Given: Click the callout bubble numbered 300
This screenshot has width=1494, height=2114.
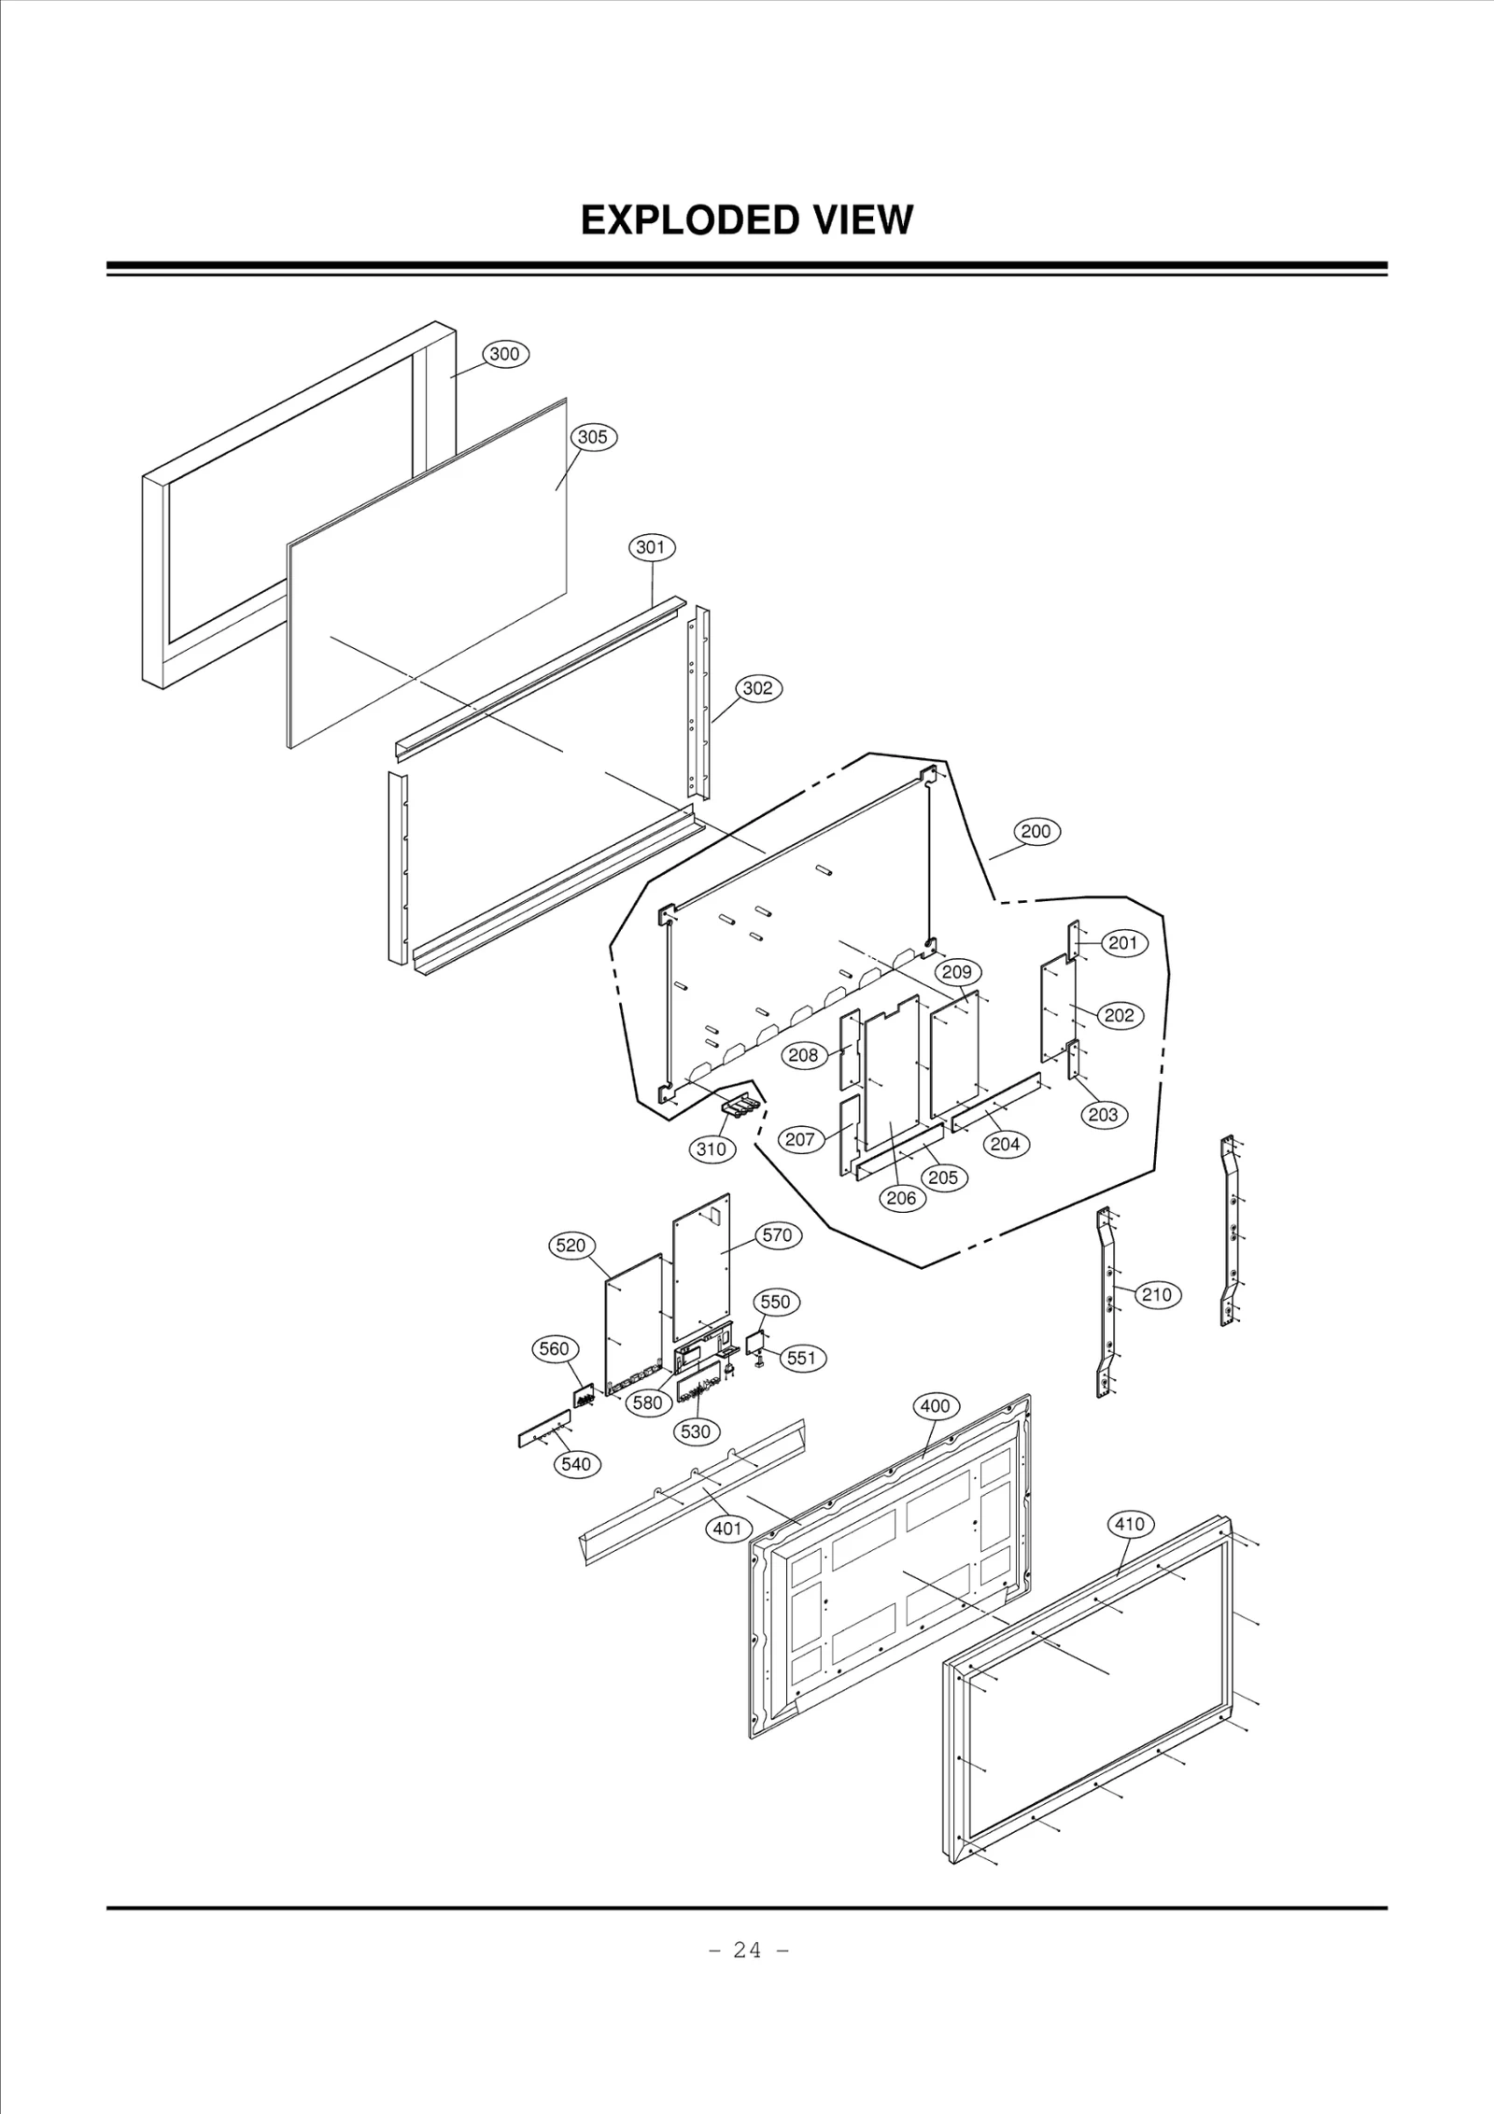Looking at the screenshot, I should tap(505, 354).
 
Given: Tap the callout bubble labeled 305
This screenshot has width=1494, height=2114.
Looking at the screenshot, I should tap(593, 436).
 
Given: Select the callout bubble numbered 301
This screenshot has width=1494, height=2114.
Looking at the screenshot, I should tap(651, 547).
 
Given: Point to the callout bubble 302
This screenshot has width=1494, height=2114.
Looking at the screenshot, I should tap(757, 688).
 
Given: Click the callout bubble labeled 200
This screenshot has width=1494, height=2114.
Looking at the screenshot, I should tap(1036, 831).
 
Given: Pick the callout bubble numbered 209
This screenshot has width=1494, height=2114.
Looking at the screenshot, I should tap(956, 972).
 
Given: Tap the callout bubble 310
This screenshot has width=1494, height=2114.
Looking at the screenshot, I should tap(712, 1149).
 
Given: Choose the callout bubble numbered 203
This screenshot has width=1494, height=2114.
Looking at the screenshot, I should tap(1103, 1115).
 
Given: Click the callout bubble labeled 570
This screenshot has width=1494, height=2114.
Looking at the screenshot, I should tap(777, 1235).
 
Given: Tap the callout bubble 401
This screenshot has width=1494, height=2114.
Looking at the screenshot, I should tap(727, 1528).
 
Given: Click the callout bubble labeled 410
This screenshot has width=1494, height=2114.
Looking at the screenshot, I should tap(1130, 1525).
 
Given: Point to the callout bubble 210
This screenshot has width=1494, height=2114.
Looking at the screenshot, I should tap(1157, 1295).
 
